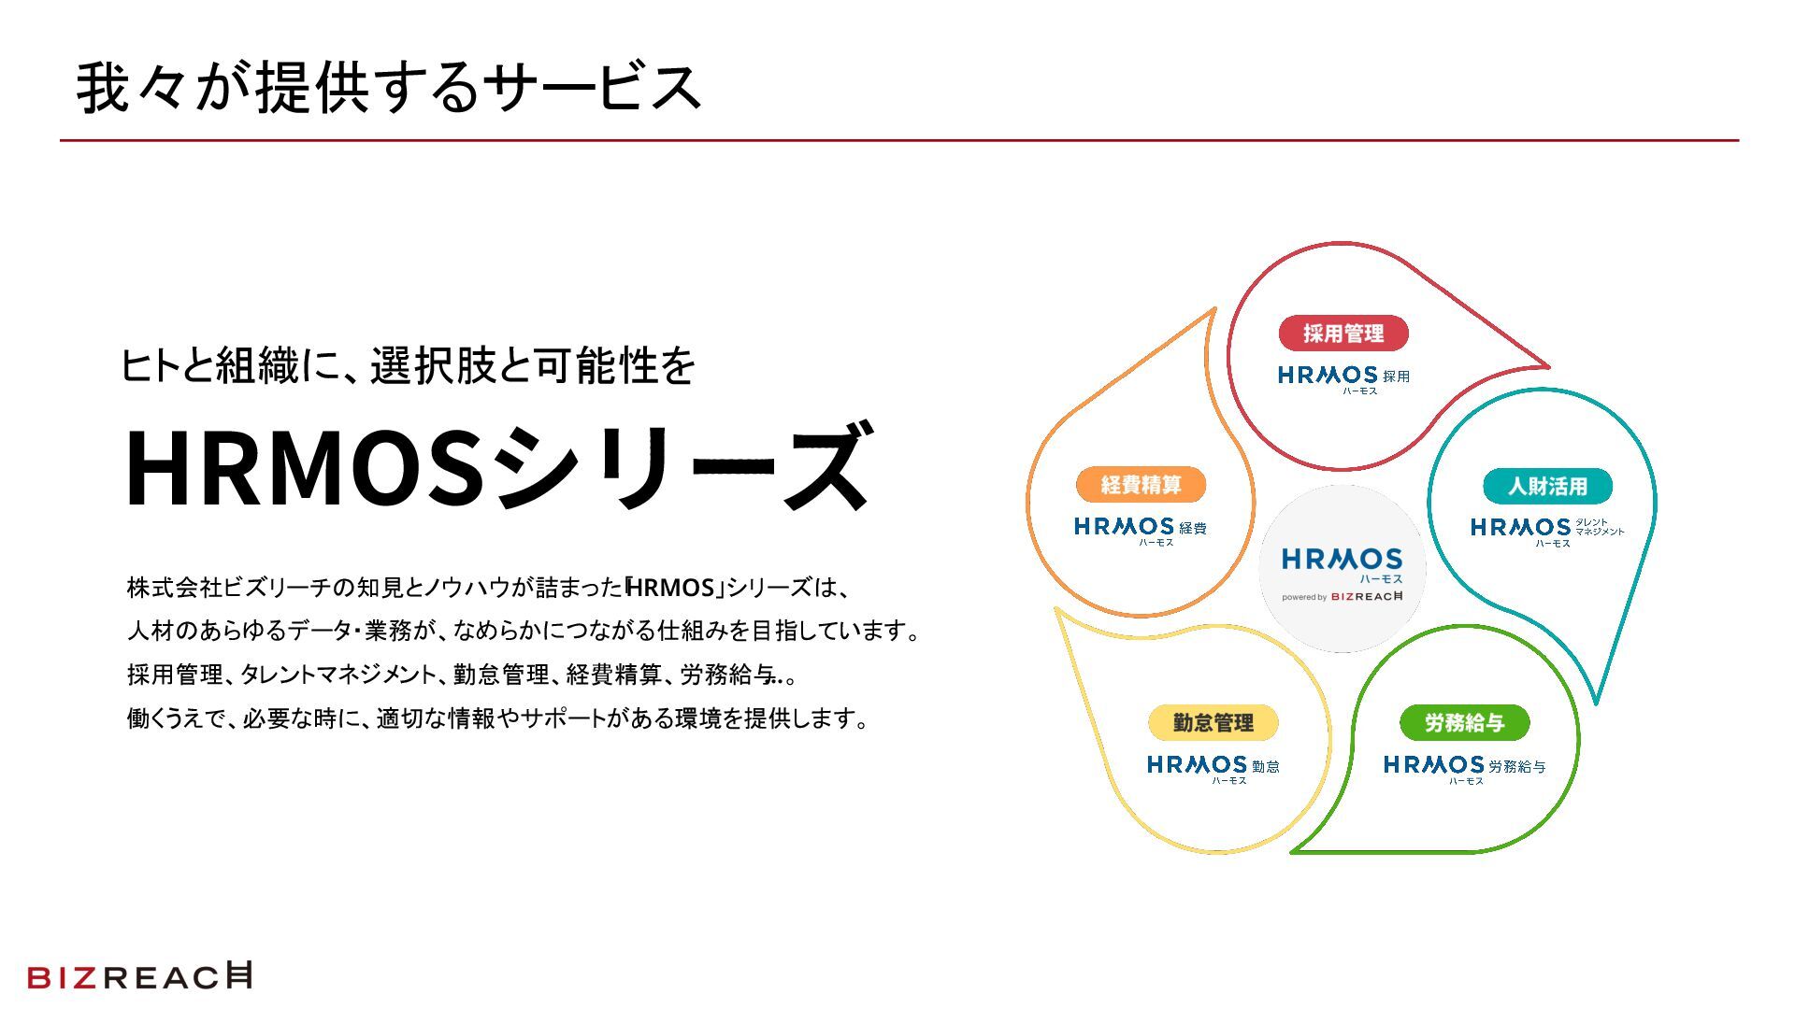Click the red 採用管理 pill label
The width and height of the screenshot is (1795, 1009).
1343,334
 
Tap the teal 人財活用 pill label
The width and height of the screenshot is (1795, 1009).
1547,486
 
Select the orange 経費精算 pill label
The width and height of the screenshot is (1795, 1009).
1141,485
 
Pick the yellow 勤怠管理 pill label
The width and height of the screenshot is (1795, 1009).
1213,722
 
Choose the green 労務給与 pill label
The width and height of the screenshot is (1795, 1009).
1464,722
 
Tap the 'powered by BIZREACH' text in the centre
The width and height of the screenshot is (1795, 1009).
1342,596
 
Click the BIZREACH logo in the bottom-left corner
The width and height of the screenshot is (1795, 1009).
139,976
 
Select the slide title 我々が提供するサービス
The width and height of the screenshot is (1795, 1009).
388,88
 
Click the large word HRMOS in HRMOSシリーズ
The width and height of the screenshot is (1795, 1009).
304,467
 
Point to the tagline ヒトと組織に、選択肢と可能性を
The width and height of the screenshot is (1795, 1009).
408,365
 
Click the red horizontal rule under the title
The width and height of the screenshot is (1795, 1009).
897,141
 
